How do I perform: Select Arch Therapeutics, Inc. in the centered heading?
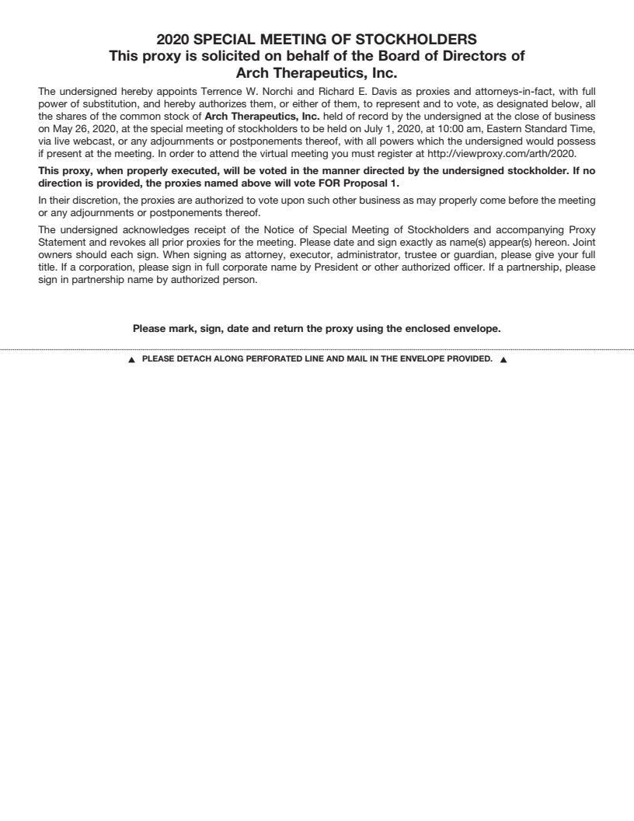pos(316,73)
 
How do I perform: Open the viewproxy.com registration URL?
pos(501,153)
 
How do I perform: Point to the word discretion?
pos(89,201)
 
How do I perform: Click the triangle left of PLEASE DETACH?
pos(132,360)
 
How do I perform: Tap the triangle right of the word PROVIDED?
pos(503,360)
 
